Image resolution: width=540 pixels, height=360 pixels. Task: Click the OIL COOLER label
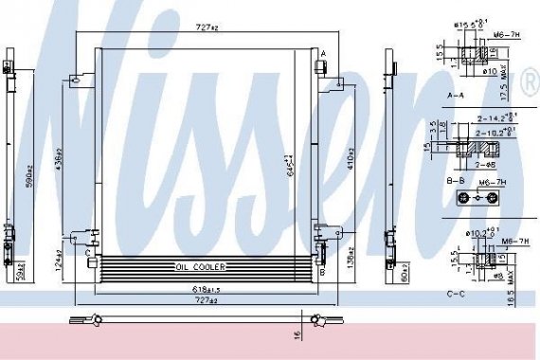(x=201, y=267)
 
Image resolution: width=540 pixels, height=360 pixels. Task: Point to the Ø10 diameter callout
(x=493, y=70)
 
